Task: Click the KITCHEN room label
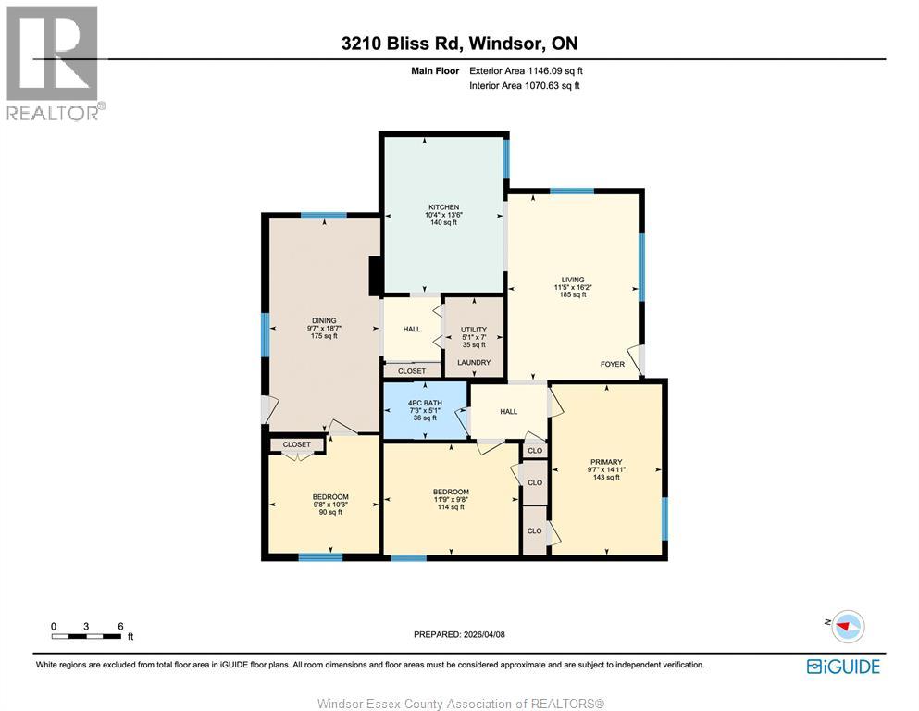coord(443,207)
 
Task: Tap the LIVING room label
coord(573,279)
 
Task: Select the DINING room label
coord(323,320)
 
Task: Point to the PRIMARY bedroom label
coord(607,462)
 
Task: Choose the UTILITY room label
coord(473,329)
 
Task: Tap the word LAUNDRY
coord(473,362)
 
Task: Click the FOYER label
coord(613,364)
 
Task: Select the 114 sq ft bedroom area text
coord(452,508)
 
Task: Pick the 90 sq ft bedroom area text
coord(330,512)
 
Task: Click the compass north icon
coord(846,626)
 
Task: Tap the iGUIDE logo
coord(843,667)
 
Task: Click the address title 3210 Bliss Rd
coord(459,43)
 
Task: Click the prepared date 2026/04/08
coord(459,634)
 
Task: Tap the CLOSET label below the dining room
coord(297,444)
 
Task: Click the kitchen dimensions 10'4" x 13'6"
coord(443,215)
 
